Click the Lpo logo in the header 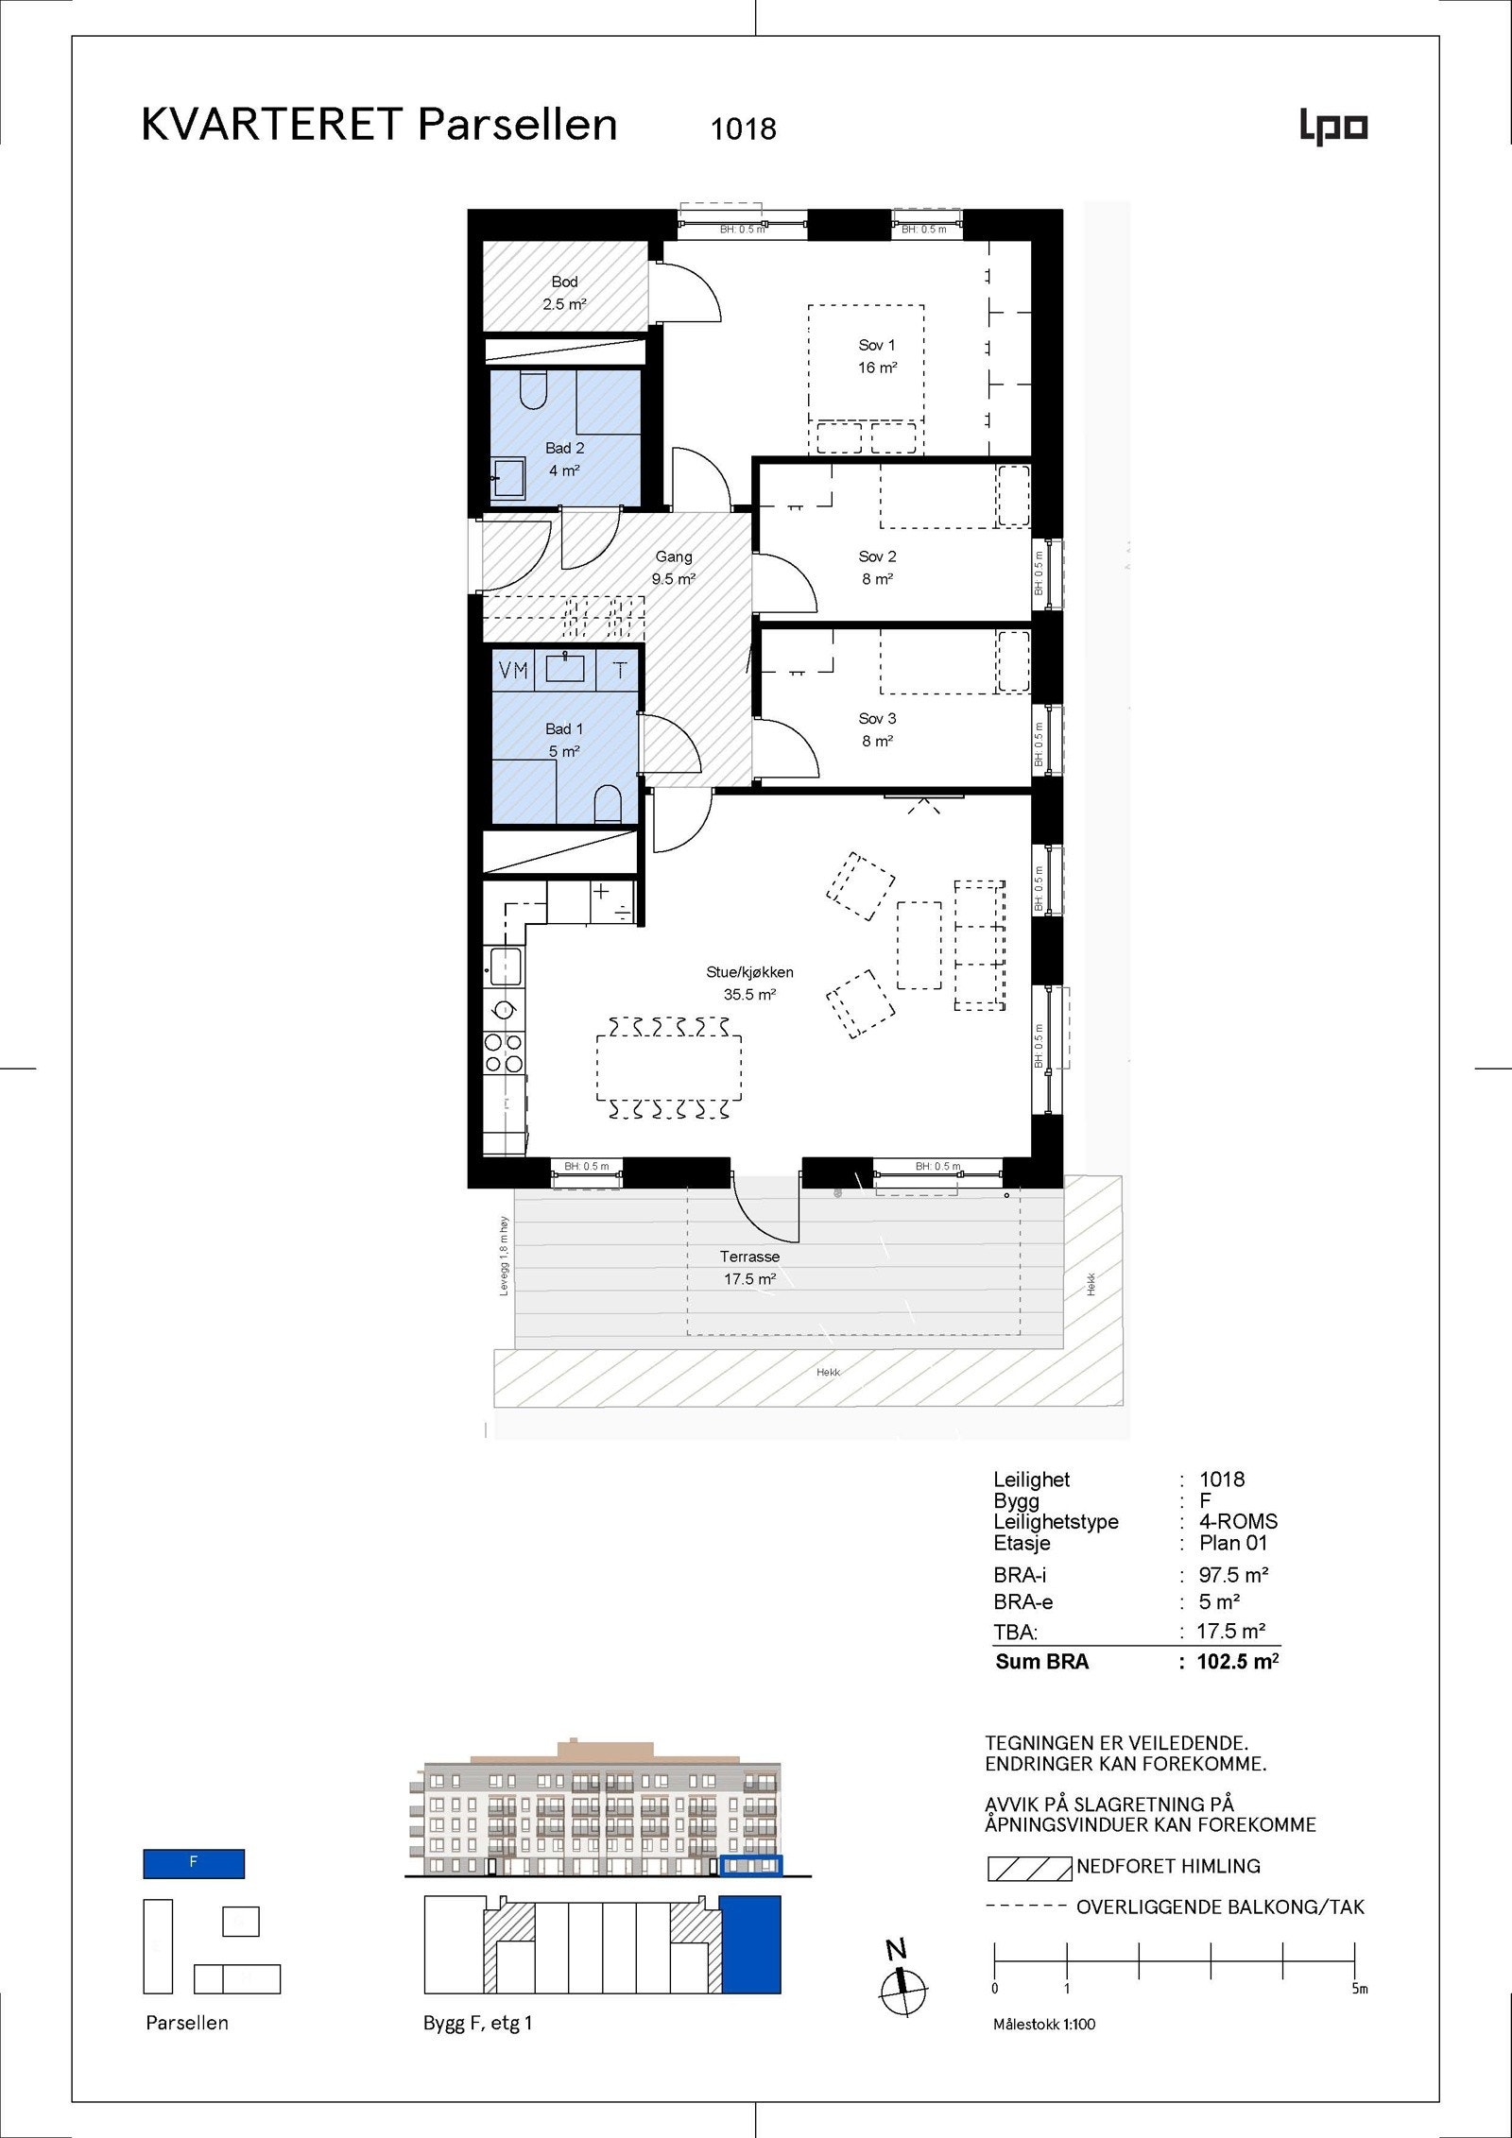click(x=1333, y=128)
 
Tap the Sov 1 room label click(x=877, y=356)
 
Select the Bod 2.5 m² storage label click(x=564, y=293)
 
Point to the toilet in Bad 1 click(x=608, y=806)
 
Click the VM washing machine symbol click(x=513, y=671)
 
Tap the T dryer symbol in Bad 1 click(x=620, y=671)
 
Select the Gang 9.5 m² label click(x=673, y=568)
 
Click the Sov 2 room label click(x=877, y=568)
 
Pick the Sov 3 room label click(x=877, y=729)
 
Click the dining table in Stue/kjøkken click(x=668, y=1068)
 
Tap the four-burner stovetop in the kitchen click(x=504, y=1052)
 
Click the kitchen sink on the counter click(x=505, y=967)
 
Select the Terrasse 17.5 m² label click(x=749, y=1268)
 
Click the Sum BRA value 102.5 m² click(x=1237, y=1662)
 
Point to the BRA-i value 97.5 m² click(x=1233, y=1575)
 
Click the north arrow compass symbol click(x=903, y=1991)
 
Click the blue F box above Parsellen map click(x=194, y=1863)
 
